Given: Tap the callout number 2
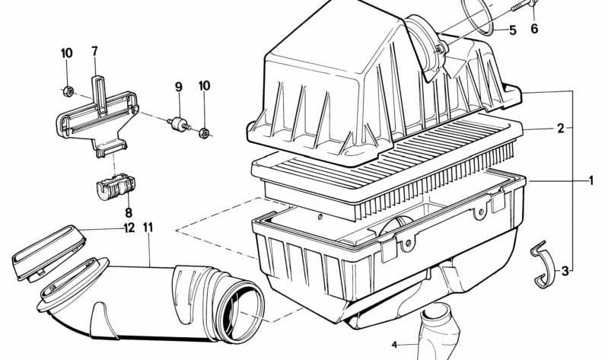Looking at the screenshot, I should pos(560,129).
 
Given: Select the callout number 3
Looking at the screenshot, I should pos(565,270).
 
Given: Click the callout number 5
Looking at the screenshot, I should pos(512,30).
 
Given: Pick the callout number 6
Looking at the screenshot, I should pos(533,29).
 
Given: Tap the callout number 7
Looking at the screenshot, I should pos(94,52).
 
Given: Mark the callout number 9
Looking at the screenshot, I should pos(179,88).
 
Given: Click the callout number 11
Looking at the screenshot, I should pos(148,228).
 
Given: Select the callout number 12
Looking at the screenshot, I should pos(129,228).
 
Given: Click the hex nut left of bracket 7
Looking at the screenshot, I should pos(67,92).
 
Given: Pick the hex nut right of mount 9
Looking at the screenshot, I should pos(204,134).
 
